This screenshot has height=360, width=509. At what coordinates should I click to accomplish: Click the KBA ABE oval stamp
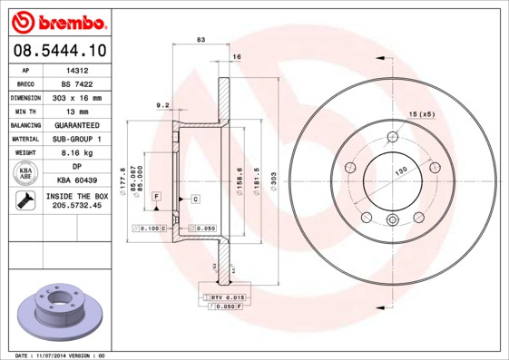coord(26,174)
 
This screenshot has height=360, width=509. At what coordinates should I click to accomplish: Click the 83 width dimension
coord(201,40)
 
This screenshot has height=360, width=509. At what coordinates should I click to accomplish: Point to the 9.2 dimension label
coord(163,105)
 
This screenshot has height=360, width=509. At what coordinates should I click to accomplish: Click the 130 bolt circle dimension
coord(398,170)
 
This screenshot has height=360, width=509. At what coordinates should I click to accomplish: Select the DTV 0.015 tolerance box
coord(228,297)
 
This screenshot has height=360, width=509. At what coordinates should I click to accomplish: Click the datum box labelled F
coord(157,197)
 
